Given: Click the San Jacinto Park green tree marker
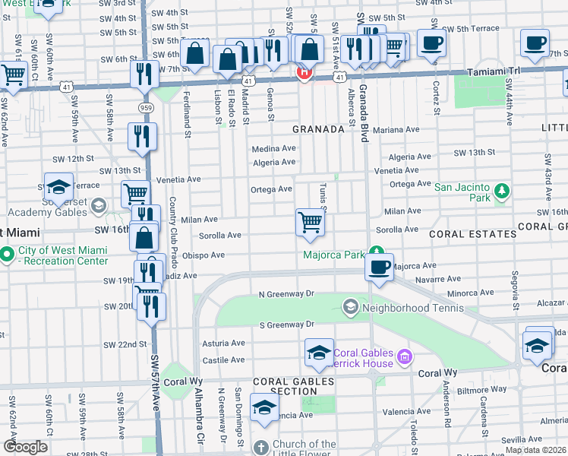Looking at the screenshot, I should click(x=500, y=189).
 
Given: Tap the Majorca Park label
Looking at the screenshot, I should click(x=334, y=255).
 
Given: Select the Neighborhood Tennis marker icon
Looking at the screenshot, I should click(x=350, y=308).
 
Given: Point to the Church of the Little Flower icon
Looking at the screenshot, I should click(x=261, y=447).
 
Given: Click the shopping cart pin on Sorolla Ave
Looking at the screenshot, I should click(x=310, y=223).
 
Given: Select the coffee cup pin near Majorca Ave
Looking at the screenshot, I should click(x=378, y=267).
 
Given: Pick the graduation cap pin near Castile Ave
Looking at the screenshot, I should click(x=319, y=352).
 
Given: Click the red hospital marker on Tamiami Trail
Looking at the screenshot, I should click(x=303, y=73).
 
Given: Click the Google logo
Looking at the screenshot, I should click(x=25, y=447).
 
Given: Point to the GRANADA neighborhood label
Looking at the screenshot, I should click(x=319, y=129).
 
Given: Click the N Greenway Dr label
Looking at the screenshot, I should click(x=286, y=293).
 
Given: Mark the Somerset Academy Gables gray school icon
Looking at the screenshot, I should click(x=98, y=206).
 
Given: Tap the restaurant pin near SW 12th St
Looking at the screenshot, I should click(x=142, y=137).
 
